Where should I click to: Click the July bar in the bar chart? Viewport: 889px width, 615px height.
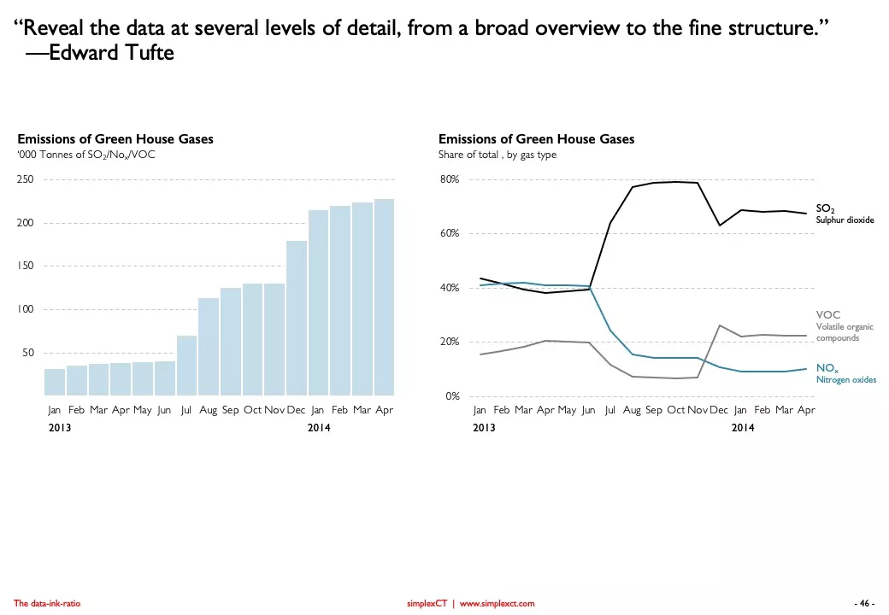click(186, 366)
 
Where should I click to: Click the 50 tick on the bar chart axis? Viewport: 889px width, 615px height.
click(28, 353)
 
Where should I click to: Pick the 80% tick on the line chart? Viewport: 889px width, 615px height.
click(450, 180)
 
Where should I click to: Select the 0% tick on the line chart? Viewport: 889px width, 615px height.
click(453, 396)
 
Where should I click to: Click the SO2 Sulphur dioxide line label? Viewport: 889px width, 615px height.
click(844, 214)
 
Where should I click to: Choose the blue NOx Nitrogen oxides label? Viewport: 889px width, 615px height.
click(845, 373)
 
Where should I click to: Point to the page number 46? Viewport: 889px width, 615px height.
click(865, 604)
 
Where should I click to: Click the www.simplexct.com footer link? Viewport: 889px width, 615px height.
click(497, 604)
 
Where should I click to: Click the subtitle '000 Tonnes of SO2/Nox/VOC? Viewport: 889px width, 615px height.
click(85, 155)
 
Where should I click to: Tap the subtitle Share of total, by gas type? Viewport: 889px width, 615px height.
click(497, 155)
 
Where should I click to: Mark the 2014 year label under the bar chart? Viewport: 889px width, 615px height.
click(319, 427)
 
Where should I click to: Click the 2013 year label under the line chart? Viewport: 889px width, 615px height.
click(484, 427)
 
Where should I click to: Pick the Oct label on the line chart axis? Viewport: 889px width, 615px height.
click(675, 410)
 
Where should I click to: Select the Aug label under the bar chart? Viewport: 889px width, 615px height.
click(209, 410)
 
